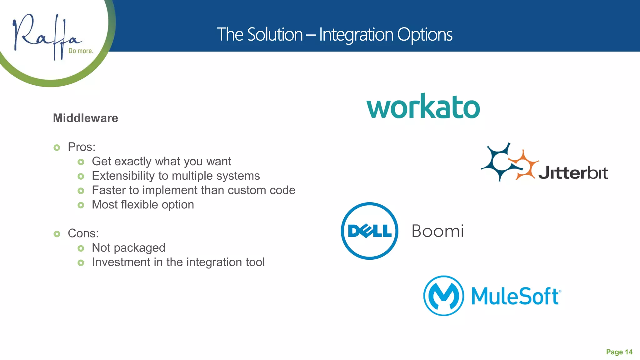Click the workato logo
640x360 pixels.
423,107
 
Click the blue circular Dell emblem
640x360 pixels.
369,231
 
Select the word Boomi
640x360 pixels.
437,231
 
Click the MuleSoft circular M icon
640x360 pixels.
443,296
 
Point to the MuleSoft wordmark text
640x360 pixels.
516,296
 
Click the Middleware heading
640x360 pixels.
85,118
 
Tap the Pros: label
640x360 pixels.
82,147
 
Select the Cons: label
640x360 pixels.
83,233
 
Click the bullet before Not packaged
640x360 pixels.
81,248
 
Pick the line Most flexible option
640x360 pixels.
143,205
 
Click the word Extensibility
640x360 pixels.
123,176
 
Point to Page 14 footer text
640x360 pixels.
619,352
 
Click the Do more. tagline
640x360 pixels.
81,51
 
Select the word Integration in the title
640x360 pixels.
356,34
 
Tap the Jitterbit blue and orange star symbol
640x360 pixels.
509,162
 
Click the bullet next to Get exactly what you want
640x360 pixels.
81,162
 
